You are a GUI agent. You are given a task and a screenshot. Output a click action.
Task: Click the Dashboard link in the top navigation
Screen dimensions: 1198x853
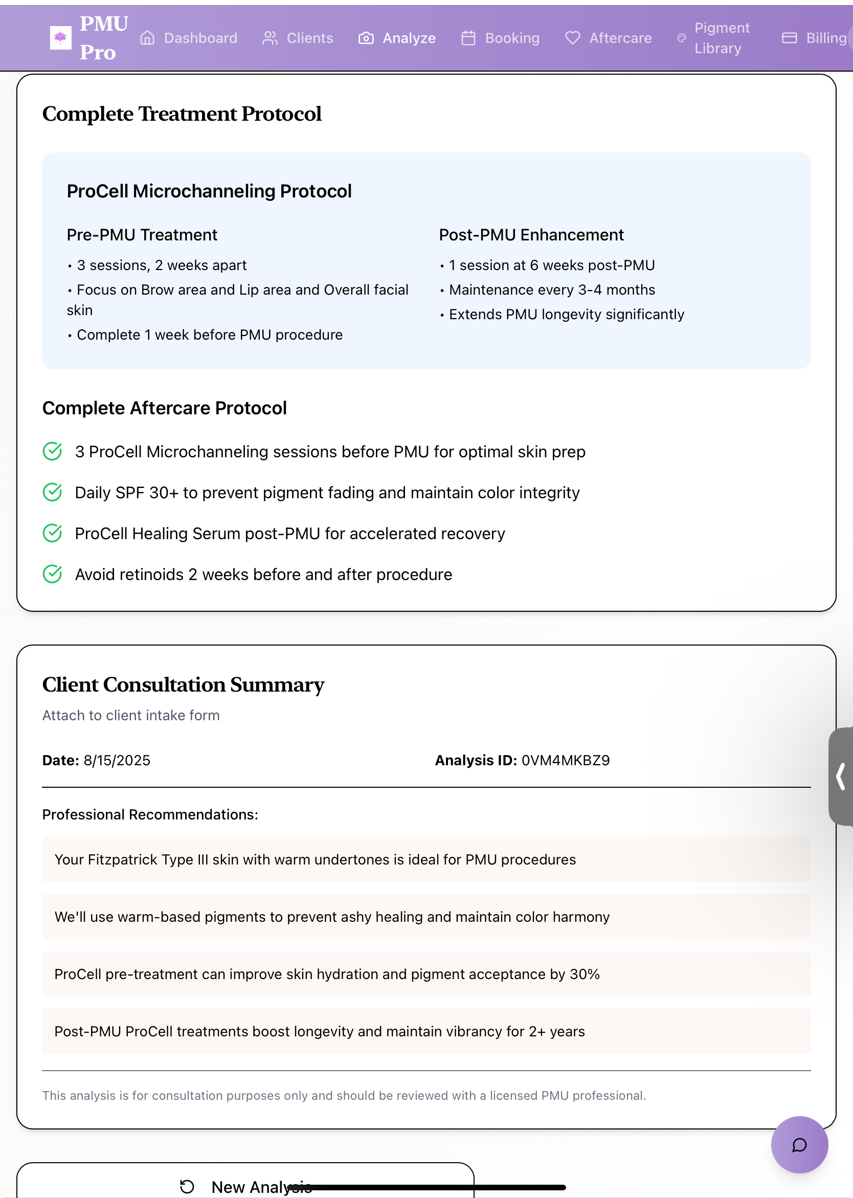(x=189, y=38)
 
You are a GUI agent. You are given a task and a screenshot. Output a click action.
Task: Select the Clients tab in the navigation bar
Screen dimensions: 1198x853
(x=298, y=38)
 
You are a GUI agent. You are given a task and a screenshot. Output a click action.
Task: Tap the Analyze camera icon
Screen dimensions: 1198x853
(x=366, y=38)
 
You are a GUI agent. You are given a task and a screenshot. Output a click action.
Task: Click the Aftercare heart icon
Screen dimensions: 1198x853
(x=573, y=38)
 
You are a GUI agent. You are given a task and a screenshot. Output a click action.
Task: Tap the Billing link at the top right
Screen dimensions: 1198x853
(x=814, y=38)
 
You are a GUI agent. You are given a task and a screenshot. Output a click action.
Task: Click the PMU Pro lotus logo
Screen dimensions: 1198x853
(x=60, y=38)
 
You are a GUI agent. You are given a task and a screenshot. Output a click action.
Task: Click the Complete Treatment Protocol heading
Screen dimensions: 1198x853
(x=182, y=114)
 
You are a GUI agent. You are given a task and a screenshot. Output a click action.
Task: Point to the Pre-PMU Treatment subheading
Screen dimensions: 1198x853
(x=142, y=235)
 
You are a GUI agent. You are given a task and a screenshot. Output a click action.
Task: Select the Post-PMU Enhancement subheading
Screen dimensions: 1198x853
(x=531, y=235)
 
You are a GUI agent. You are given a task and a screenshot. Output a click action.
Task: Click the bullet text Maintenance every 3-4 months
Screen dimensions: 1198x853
(x=551, y=290)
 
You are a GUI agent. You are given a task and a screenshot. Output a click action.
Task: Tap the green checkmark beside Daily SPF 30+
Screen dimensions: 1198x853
(x=53, y=492)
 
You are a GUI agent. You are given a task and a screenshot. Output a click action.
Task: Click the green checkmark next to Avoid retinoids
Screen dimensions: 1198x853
(x=53, y=574)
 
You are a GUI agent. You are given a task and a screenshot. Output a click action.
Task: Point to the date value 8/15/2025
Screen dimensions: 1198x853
(x=117, y=760)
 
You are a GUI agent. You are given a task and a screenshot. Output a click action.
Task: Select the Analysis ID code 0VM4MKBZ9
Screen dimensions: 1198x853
(x=565, y=760)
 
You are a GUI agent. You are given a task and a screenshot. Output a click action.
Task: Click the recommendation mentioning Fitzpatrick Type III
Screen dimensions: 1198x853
(x=315, y=859)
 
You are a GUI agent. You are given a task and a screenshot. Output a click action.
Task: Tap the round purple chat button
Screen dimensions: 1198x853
(x=799, y=1144)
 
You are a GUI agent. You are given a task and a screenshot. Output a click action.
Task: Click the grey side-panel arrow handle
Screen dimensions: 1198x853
(x=841, y=776)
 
